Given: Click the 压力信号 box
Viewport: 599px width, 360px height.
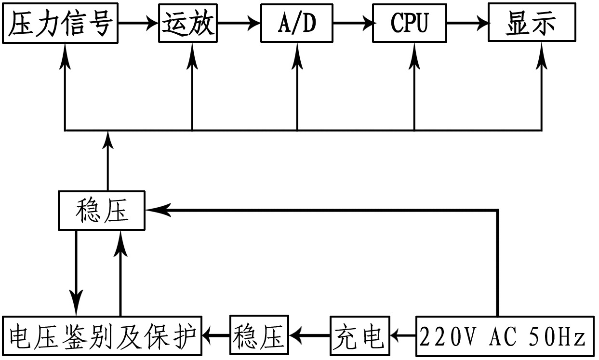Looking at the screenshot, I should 61,23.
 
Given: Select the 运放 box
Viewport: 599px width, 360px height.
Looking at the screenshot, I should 188,23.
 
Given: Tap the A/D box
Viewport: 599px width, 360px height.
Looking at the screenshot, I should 296,23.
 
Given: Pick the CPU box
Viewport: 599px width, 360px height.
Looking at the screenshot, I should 409,23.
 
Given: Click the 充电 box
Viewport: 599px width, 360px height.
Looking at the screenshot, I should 359,334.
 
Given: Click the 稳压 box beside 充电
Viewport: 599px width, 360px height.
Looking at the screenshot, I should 259,334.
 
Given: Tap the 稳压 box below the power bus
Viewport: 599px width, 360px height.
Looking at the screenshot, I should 102,210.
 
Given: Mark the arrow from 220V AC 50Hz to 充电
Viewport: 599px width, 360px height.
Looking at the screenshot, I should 402,333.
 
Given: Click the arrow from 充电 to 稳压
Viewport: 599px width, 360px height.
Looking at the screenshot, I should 309,333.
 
